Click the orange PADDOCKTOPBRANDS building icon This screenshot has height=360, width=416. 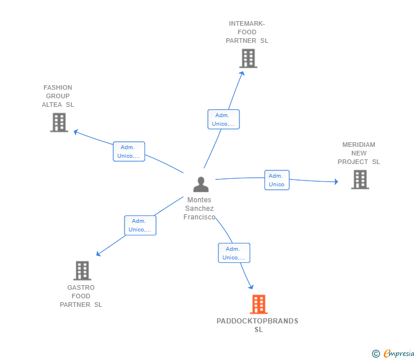259,304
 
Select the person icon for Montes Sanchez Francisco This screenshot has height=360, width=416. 201,185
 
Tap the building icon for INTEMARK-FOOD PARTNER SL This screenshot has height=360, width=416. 249,58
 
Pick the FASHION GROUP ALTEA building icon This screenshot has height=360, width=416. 59,122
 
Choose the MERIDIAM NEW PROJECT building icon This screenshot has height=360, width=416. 360,179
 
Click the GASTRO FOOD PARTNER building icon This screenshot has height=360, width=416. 82,271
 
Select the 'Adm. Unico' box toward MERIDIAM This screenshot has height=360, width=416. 277,180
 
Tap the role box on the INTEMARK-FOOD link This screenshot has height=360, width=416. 223,119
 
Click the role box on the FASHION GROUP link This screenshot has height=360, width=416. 129,151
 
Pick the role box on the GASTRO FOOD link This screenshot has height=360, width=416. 141,226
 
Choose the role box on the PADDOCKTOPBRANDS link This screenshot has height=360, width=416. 234,253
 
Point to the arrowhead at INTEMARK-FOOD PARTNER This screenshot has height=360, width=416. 242,74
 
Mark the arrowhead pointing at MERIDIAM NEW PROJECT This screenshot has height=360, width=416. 336,182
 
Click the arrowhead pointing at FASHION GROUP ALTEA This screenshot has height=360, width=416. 76,131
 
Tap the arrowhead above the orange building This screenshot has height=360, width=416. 251,287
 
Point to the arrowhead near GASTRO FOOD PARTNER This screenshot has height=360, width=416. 98,254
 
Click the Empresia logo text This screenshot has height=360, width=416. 399,353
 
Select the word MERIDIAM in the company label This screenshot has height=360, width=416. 359,145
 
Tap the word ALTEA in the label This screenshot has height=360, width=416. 52,105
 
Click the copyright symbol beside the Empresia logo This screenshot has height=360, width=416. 376,354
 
